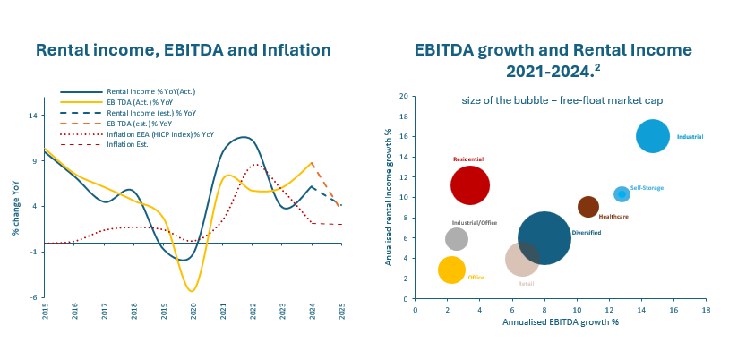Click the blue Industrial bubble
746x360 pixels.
click(x=653, y=136)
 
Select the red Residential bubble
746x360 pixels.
click(x=469, y=185)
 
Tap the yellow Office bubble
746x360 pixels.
click(x=452, y=270)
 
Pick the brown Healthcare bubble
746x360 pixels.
click(x=588, y=207)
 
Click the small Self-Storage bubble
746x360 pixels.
click(x=622, y=194)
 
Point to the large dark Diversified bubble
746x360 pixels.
click(x=544, y=237)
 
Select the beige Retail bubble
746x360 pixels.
click(x=522, y=259)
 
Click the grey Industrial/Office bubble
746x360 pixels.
click(x=457, y=238)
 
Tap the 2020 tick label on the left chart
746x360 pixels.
click(x=193, y=312)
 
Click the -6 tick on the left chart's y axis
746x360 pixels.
click(x=33, y=297)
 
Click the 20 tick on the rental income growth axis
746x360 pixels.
click(x=404, y=96)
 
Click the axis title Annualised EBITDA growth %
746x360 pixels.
click(x=561, y=321)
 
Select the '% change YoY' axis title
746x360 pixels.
click(x=16, y=207)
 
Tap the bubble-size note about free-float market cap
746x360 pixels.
click(x=562, y=99)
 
